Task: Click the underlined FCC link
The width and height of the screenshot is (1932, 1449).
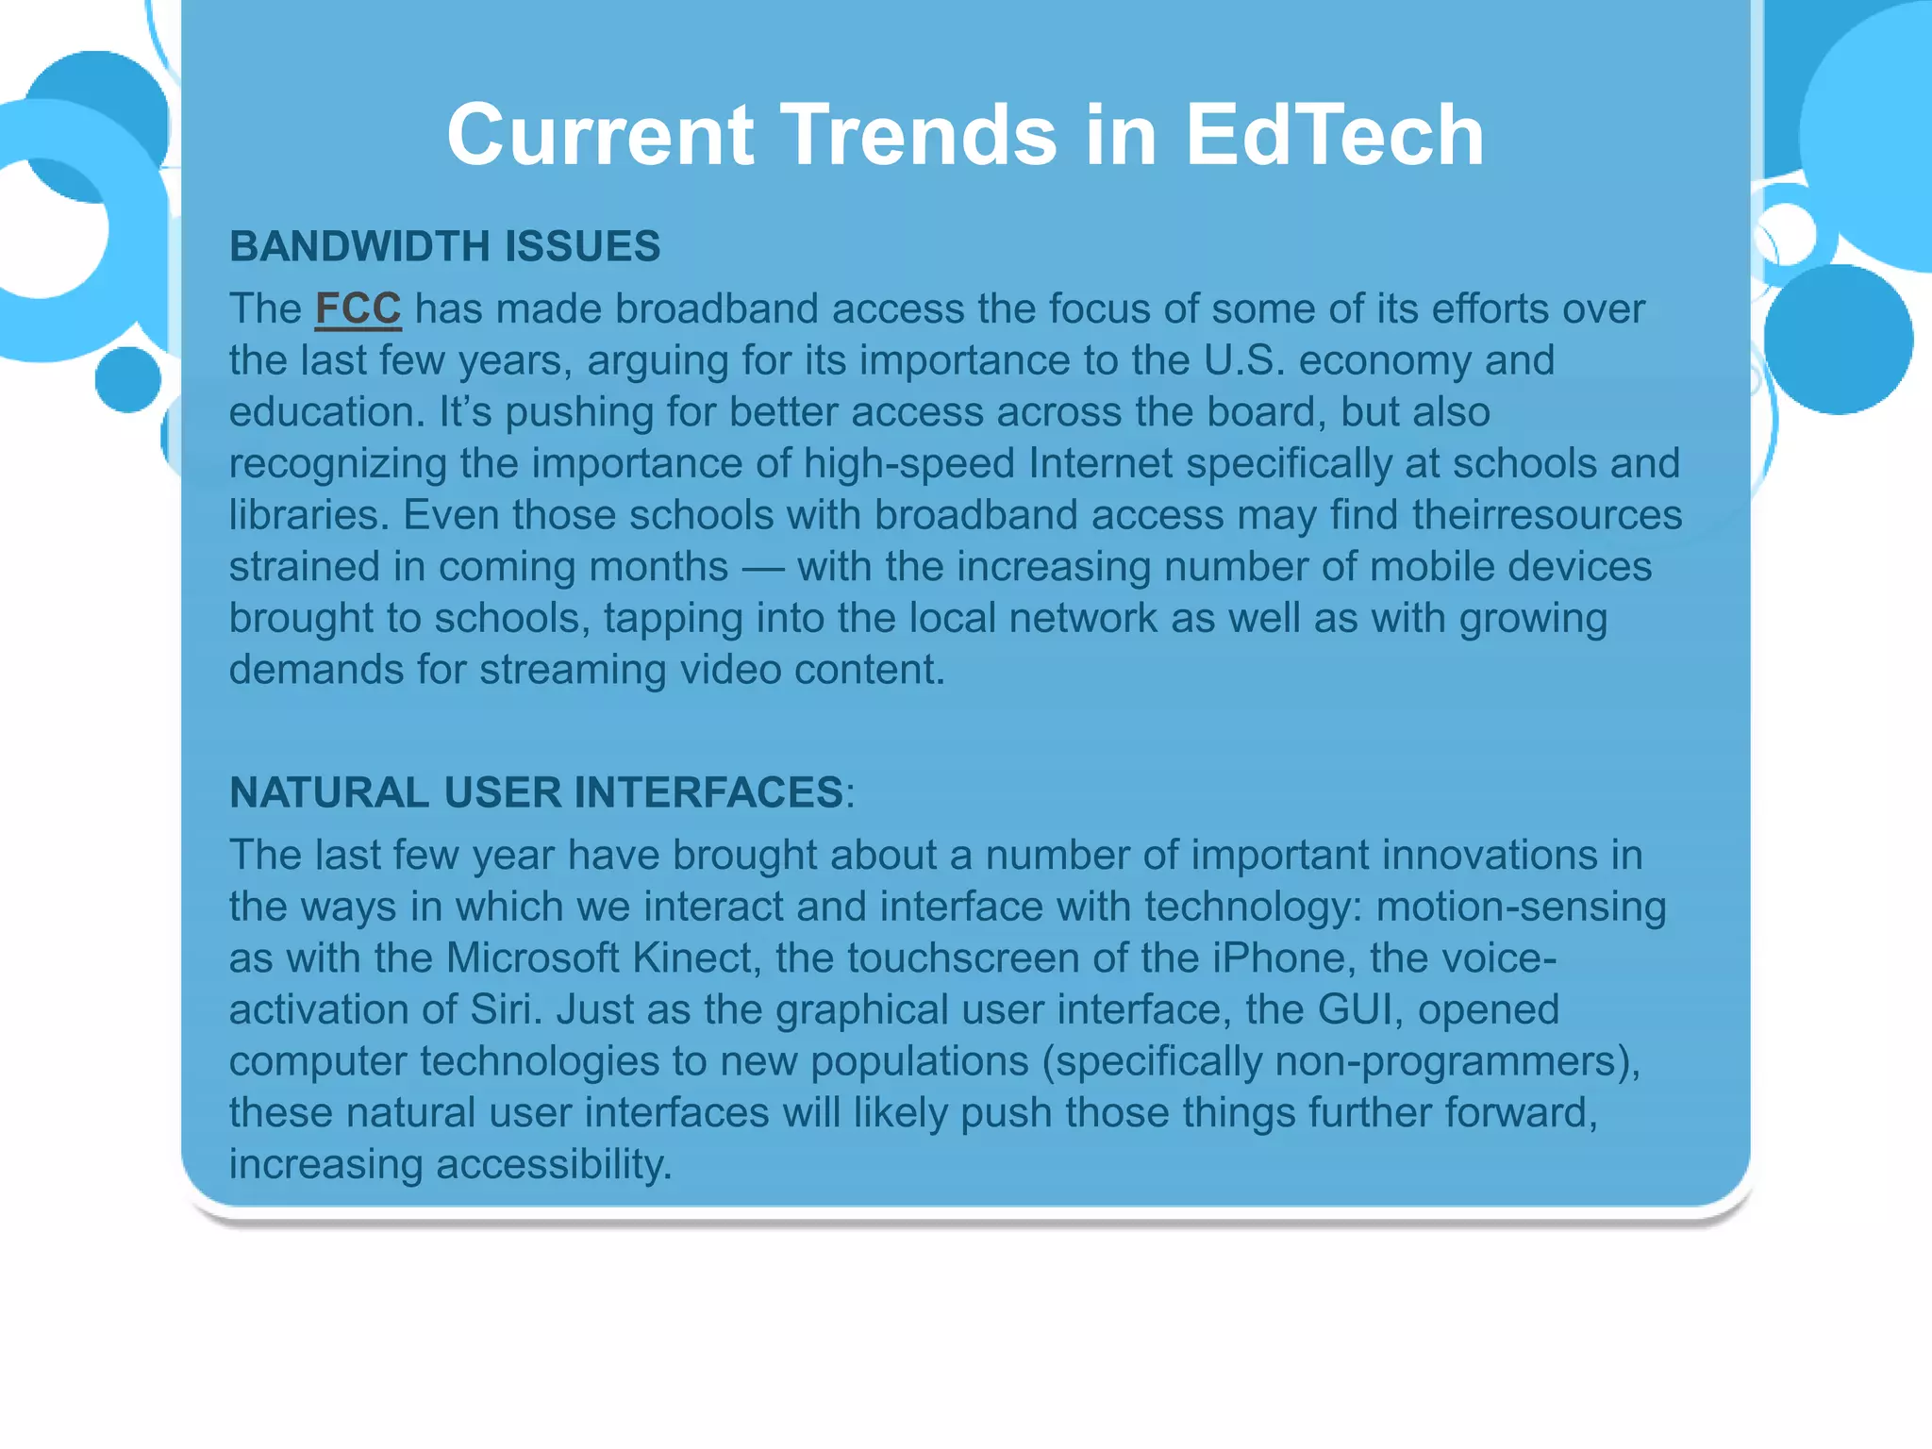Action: [358, 309]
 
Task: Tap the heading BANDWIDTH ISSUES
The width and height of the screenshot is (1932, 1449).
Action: [444, 246]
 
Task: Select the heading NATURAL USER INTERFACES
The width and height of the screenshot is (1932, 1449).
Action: [536, 792]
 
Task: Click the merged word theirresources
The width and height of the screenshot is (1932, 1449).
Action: [1547, 515]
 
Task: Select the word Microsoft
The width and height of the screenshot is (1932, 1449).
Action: [532, 958]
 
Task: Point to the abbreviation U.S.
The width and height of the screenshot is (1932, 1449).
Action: [1244, 360]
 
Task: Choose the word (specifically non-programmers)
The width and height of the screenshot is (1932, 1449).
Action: [1341, 1061]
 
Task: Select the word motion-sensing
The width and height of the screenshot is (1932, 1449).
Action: [1521, 907]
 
